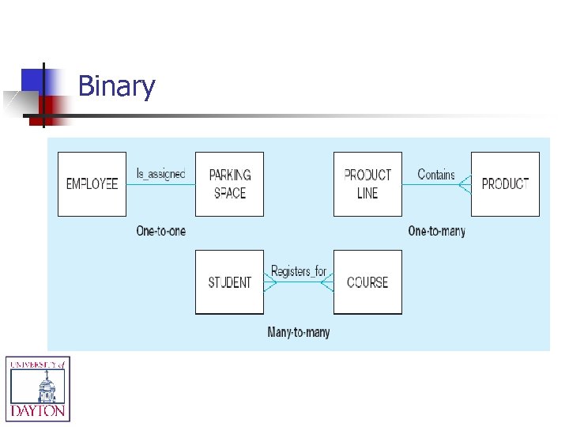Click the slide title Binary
coord(116,85)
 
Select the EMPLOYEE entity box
coord(92,183)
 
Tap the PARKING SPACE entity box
coord(229,183)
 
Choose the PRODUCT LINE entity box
coord(367,183)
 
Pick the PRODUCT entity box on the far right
coord(505,183)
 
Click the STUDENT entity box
coord(229,282)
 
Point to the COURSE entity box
coord(367,282)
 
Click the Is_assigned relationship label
coord(160,174)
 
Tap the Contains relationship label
coord(436,174)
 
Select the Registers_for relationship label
coord(298,271)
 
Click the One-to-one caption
coord(160,231)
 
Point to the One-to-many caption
coord(436,231)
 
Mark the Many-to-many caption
coord(298,332)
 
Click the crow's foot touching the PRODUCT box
coord(465,185)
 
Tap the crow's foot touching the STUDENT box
coord(270,283)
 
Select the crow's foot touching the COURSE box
coord(327,283)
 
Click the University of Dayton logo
coord(38,387)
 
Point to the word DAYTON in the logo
coord(38,412)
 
